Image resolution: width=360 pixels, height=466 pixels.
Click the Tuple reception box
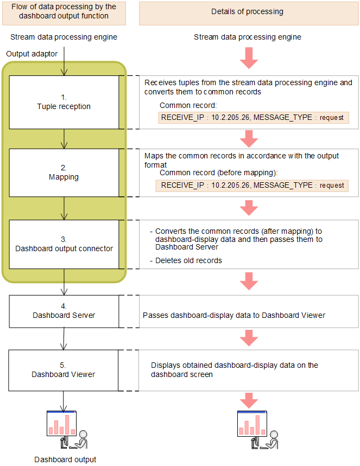(x=64, y=102)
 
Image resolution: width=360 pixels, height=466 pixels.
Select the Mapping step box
(x=64, y=173)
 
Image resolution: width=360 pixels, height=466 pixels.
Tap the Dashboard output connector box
(x=64, y=244)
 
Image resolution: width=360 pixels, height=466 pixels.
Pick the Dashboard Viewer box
(x=64, y=370)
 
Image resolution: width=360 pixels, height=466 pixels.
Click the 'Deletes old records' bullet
(x=187, y=260)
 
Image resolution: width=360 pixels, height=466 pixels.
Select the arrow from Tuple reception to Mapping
(x=64, y=139)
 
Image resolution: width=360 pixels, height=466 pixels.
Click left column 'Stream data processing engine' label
(x=64, y=37)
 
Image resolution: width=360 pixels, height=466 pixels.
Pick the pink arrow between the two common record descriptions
(x=249, y=139)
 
